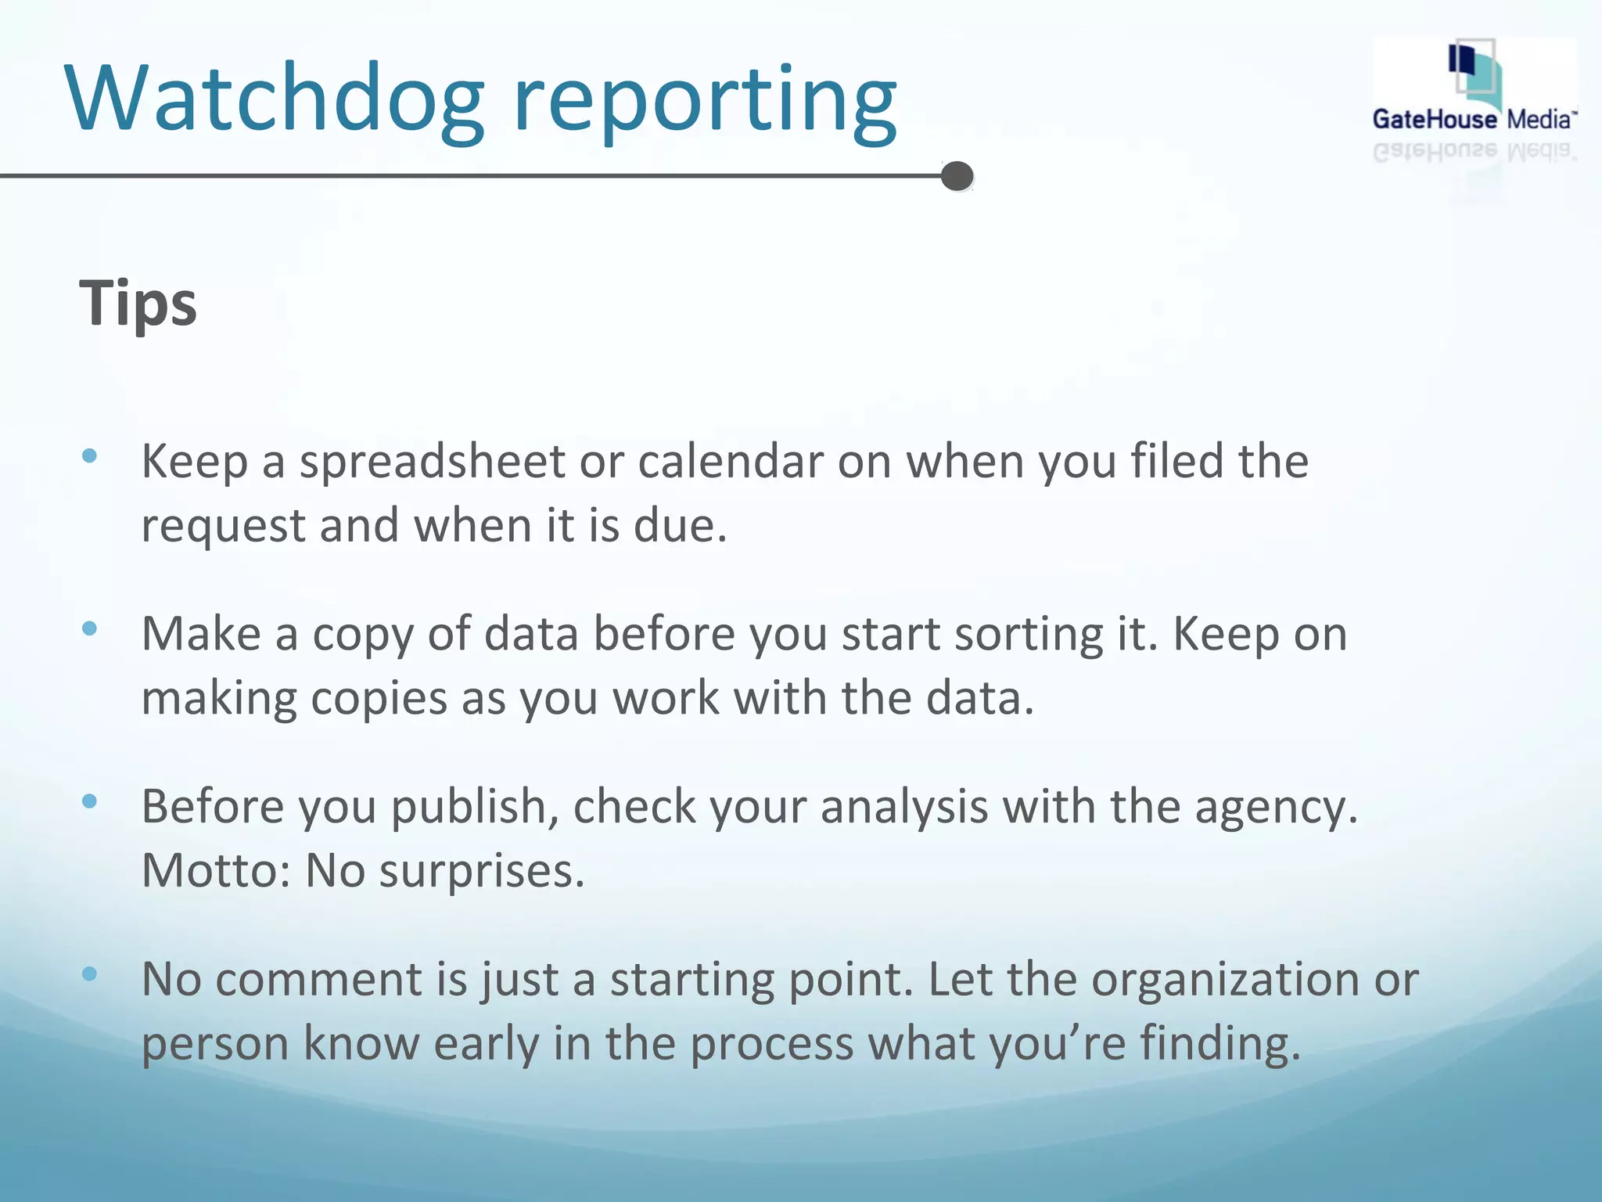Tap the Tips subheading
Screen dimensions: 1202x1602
click(138, 304)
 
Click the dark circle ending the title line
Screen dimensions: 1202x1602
click(957, 176)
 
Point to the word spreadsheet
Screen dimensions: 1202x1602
click(432, 462)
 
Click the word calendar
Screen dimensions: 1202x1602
click(730, 462)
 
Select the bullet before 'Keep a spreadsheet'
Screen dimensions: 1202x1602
click(89, 455)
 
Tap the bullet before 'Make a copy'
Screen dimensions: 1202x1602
click(89, 628)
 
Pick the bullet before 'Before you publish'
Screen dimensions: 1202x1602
click(89, 801)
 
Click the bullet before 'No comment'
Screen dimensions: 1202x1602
click(89, 973)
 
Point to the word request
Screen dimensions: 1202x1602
click(223, 527)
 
